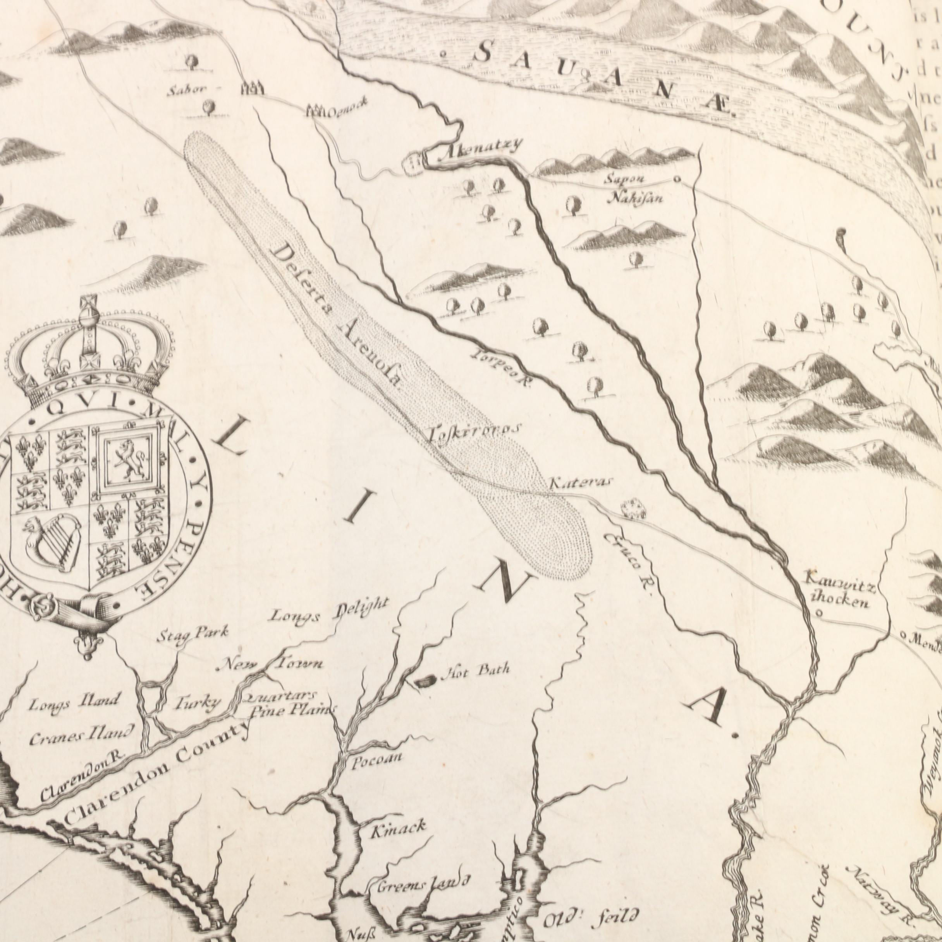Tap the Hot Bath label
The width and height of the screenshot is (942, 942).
click(x=475, y=671)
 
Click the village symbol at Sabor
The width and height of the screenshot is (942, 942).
click(x=252, y=88)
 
